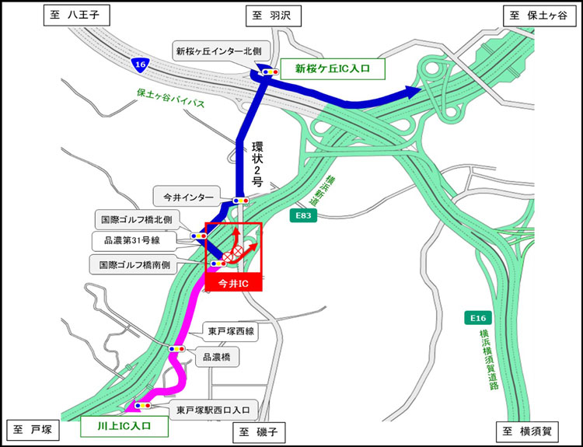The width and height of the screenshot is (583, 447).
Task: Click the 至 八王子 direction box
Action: (x=76, y=15)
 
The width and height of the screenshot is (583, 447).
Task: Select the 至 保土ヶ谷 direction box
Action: (x=536, y=15)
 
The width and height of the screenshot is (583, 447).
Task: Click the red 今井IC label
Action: (x=234, y=284)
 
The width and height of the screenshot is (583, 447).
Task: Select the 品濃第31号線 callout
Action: (x=134, y=240)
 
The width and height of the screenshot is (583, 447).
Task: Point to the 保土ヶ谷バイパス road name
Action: (x=170, y=98)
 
